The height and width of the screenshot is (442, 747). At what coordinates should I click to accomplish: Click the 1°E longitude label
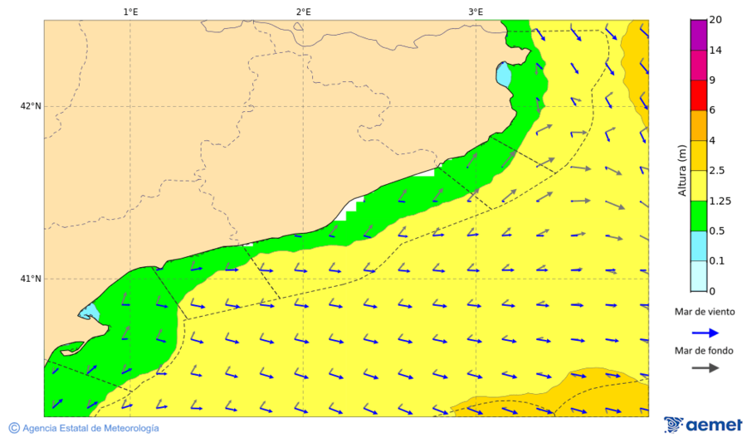click(130, 12)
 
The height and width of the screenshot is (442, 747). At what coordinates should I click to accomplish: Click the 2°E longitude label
click(303, 12)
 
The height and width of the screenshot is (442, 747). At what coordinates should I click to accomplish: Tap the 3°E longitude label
click(476, 12)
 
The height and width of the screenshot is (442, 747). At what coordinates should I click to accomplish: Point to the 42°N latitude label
click(31, 106)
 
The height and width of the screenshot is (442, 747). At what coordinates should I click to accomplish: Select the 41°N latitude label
click(31, 279)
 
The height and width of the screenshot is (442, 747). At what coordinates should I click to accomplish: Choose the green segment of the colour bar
click(698, 216)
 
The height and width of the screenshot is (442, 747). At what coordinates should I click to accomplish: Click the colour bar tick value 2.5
click(718, 171)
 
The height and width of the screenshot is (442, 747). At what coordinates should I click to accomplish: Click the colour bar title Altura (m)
click(682, 169)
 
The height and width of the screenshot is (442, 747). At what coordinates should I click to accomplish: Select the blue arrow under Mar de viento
click(705, 333)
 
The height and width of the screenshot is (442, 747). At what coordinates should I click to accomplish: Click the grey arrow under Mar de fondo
click(705, 368)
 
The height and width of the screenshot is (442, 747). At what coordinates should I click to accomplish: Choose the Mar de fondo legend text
click(705, 350)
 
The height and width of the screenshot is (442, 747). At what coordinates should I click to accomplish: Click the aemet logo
click(703, 425)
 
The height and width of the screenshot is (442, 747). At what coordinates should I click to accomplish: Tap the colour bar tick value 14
click(715, 51)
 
